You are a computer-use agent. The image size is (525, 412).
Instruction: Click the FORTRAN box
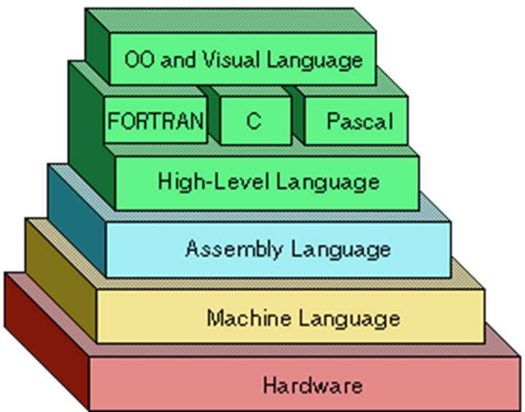155,120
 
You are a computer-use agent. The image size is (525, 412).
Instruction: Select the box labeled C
253,121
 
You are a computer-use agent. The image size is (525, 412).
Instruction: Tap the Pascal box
359,121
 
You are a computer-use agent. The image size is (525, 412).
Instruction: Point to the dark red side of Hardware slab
44,335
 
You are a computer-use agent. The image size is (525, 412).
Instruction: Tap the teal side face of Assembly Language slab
77,218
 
